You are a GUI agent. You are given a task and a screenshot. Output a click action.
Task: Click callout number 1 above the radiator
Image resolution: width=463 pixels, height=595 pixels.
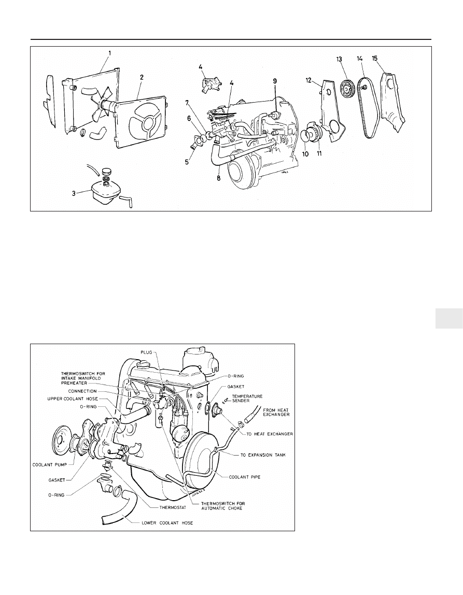(109, 53)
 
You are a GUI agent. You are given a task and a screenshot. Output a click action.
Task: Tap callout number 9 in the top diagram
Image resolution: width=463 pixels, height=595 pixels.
(275, 81)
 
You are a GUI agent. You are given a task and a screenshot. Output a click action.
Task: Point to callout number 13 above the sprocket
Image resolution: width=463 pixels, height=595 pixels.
(339, 59)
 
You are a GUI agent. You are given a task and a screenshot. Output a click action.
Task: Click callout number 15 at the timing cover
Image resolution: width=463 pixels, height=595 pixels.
(374, 59)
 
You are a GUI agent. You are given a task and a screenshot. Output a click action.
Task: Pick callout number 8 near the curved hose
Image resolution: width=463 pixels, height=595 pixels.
(219, 177)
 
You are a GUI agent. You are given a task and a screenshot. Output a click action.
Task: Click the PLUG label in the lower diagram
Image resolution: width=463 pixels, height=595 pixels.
(146, 352)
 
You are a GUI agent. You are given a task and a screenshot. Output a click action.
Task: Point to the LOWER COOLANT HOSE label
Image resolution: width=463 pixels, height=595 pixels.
(167, 522)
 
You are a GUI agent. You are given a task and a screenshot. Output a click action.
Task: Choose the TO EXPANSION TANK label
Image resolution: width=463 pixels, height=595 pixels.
(263, 455)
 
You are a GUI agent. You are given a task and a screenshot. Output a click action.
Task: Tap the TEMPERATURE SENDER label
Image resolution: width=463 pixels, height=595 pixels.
(247, 399)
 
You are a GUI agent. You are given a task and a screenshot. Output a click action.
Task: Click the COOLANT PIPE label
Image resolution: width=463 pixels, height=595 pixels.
(245, 477)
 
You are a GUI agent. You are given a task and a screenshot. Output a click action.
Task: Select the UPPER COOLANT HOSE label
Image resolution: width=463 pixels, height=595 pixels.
(73, 399)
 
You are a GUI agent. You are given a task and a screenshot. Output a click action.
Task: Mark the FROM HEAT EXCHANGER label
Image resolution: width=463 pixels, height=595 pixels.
(276, 412)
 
